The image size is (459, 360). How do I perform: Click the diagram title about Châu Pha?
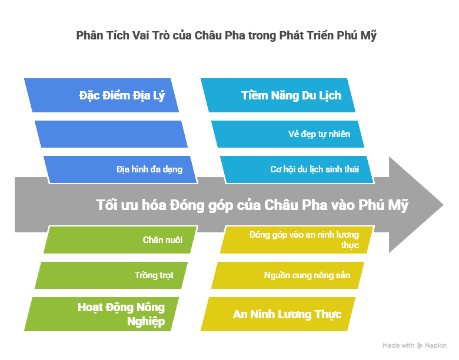click(x=226, y=36)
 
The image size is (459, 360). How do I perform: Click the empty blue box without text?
click(x=111, y=134)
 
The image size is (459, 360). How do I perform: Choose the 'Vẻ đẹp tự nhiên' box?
click(x=288, y=134)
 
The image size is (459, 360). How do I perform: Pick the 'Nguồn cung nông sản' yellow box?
click(x=288, y=275)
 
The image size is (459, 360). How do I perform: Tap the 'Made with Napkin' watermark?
click(x=414, y=345)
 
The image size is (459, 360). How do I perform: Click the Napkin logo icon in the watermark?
click(x=420, y=345)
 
